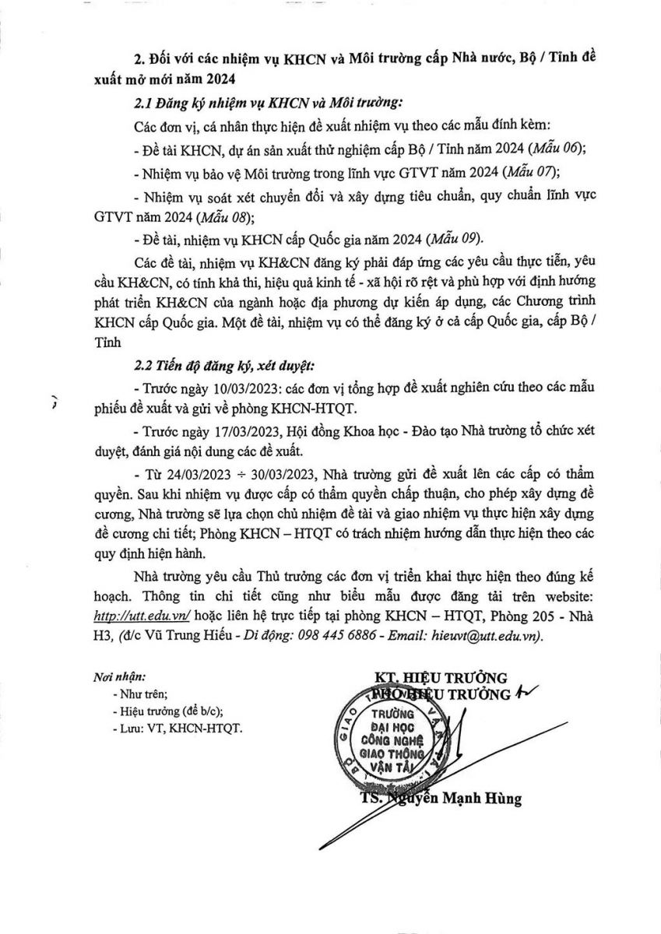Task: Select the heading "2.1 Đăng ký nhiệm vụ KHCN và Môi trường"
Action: pos(265,102)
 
